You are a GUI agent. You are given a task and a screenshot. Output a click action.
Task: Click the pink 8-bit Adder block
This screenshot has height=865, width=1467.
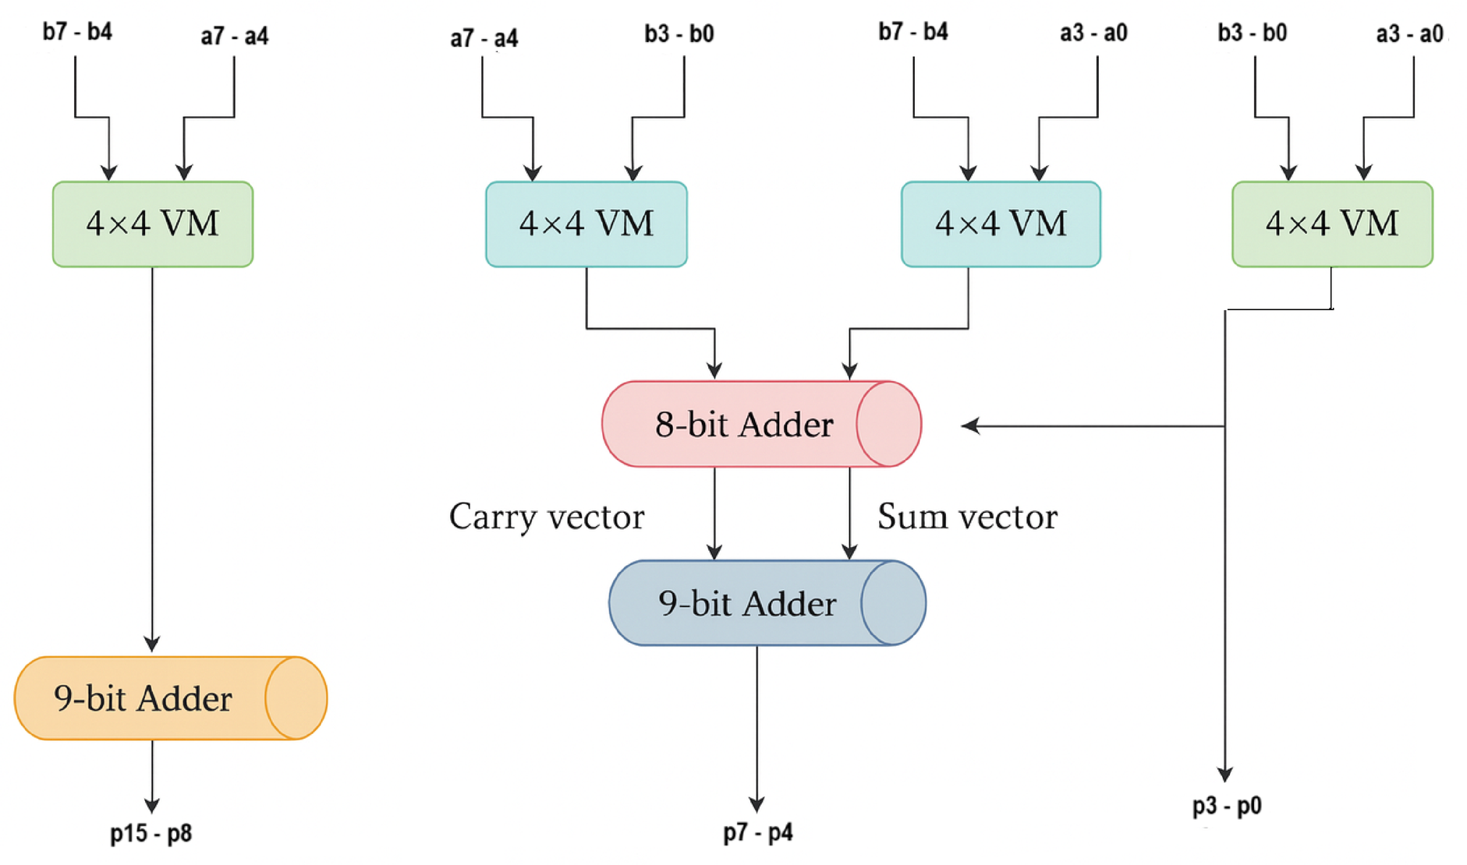[x=744, y=425]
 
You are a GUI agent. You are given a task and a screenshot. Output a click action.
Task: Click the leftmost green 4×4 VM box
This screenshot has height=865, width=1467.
[x=153, y=224]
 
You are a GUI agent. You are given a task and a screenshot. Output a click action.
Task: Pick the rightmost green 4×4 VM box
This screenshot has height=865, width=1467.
[x=1332, y=224]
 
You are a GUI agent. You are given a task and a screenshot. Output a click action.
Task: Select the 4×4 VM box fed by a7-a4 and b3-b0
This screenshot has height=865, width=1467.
[x=586, y=224]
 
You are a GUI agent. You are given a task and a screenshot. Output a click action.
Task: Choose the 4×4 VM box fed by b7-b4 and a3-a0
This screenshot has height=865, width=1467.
[x=1001, y=224]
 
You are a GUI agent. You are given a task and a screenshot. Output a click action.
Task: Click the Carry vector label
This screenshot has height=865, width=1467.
[x=547, y=517]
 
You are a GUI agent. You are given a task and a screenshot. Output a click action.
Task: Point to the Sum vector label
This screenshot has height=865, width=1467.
[x=967, y=517]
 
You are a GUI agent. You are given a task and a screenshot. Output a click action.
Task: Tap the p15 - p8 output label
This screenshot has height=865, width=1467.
[x=151, y=834]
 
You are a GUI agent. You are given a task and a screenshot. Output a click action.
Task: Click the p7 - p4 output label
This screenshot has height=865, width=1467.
[x=757, y=832]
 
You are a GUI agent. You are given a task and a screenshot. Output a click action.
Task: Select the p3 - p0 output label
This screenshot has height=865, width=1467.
[x=1226, y=806]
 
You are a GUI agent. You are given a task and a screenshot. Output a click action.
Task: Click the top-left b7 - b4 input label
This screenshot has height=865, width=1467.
[x=77, y=32]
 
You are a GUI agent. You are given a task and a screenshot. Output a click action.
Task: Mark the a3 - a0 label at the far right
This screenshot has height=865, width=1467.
[x=1409, y=34]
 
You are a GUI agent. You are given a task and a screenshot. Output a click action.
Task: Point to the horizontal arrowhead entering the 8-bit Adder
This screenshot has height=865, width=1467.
[x=969, y=425]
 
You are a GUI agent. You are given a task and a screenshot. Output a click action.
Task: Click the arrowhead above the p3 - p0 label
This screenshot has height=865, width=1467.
[x=1225, y=774]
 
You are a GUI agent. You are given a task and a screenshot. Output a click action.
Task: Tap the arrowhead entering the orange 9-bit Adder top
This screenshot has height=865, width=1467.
[x=152, y=644]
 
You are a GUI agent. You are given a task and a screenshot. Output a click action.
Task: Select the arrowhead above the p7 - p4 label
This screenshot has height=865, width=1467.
[x=757, y=803]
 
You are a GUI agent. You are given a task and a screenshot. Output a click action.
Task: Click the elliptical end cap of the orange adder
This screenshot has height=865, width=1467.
[x=296, y=698]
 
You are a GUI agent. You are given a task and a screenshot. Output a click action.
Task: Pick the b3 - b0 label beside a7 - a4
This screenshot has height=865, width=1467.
[x=679, y=34]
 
